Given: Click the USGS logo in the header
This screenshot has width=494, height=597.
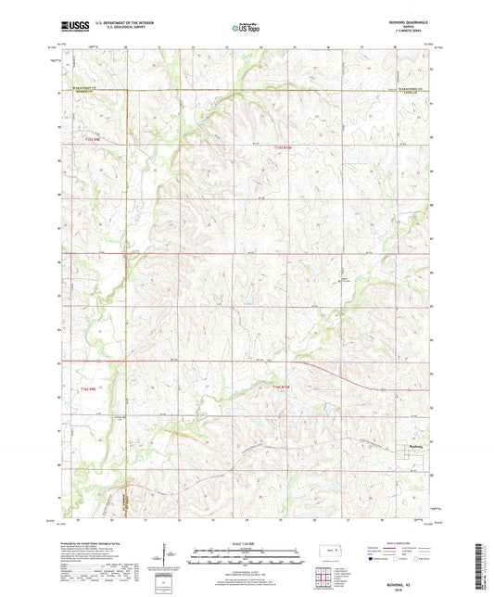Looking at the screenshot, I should pos(68,29).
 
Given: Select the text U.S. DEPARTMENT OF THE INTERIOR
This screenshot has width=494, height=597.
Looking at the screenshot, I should pos(118,25).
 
